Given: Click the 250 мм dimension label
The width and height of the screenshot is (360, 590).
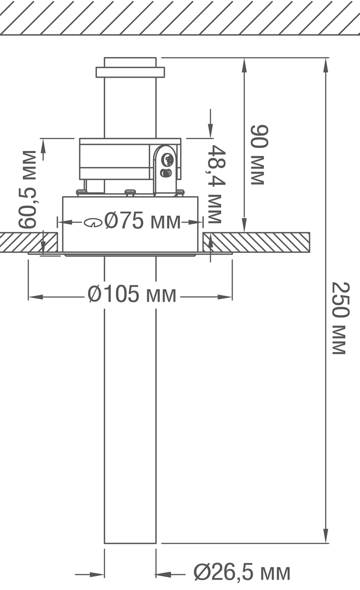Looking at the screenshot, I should pos(340,318).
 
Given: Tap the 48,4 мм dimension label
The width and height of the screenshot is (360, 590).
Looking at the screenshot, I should pos(215,183).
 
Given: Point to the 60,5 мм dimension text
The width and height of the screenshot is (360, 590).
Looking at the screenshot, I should pos(28,189).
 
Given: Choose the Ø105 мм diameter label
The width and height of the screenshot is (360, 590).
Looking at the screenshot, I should pos(132,295).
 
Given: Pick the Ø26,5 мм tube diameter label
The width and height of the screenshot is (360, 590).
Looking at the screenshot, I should pos(241,573).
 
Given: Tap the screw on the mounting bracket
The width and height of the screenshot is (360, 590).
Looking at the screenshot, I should pos(167,160).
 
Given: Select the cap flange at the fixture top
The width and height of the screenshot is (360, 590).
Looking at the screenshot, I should pos(130,72).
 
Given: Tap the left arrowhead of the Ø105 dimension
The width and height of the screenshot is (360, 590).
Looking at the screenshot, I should pos(35,297).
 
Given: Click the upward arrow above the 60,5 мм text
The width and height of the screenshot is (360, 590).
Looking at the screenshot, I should pos(44,147).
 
